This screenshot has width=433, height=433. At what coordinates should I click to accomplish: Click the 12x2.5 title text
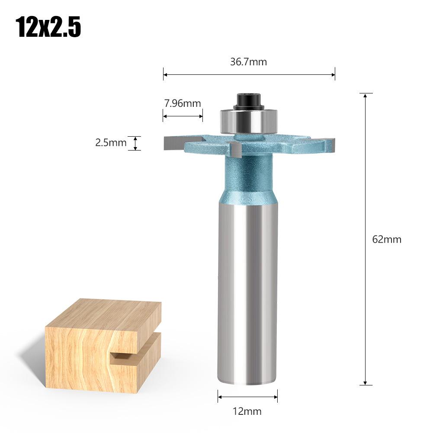click(48, 27)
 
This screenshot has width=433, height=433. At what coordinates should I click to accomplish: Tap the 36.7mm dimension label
click(249, 61)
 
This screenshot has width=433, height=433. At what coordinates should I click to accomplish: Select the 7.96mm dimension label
click(183, 103)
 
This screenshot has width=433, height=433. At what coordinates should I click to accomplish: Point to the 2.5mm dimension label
click(111, 142)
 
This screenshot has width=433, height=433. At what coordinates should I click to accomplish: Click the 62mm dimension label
click(387, 239)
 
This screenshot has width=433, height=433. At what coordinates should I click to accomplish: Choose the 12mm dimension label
click(247, 411)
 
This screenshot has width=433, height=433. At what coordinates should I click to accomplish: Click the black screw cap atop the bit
click(248, 102)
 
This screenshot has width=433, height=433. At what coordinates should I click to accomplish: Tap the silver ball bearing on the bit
click(249, 121)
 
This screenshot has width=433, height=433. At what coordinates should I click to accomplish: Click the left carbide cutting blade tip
click(174, 143)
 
